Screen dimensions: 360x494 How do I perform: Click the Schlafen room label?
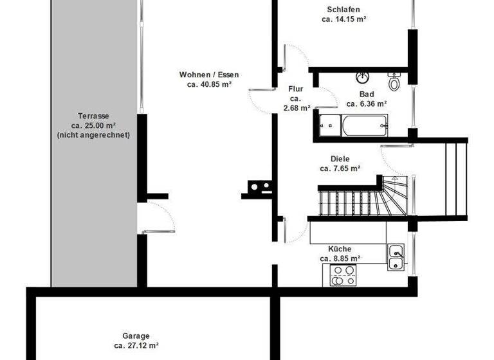(x=343, y=10)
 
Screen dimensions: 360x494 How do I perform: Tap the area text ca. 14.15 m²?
(x=343, y=19)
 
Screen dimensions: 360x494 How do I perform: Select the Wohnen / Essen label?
(x=209, y=75)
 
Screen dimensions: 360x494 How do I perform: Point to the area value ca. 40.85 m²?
(x=209, y=84)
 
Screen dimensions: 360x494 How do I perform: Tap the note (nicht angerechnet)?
(x=93, y=135)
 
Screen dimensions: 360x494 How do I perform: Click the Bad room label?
(x=366, y=94)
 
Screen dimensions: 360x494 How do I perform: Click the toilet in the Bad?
(x=394, y=82)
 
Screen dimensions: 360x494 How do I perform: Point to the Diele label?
(x=340, y=159)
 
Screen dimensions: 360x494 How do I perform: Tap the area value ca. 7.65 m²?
(x=340, y=168)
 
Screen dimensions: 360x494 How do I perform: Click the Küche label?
(x=340, y=248)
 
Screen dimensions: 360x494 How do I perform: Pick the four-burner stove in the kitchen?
(x=343, y=276)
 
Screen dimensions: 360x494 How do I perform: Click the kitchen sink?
(x=396, y=256)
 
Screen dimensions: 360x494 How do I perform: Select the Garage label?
(x=136, y=336)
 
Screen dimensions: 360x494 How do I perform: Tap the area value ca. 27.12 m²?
(x=136, y=345)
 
